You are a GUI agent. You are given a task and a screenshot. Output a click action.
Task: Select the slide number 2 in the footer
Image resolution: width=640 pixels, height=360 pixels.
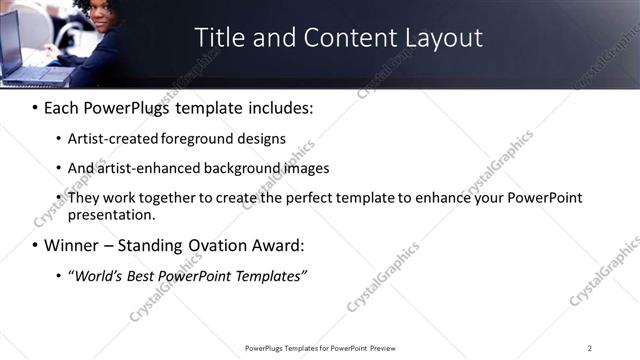[x=589, y=347]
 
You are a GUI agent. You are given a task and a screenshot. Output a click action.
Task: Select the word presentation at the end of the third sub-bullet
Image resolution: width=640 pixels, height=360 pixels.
[x=111, y=214]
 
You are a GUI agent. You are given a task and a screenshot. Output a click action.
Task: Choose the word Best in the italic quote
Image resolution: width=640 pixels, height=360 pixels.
[x=143, y=275]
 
